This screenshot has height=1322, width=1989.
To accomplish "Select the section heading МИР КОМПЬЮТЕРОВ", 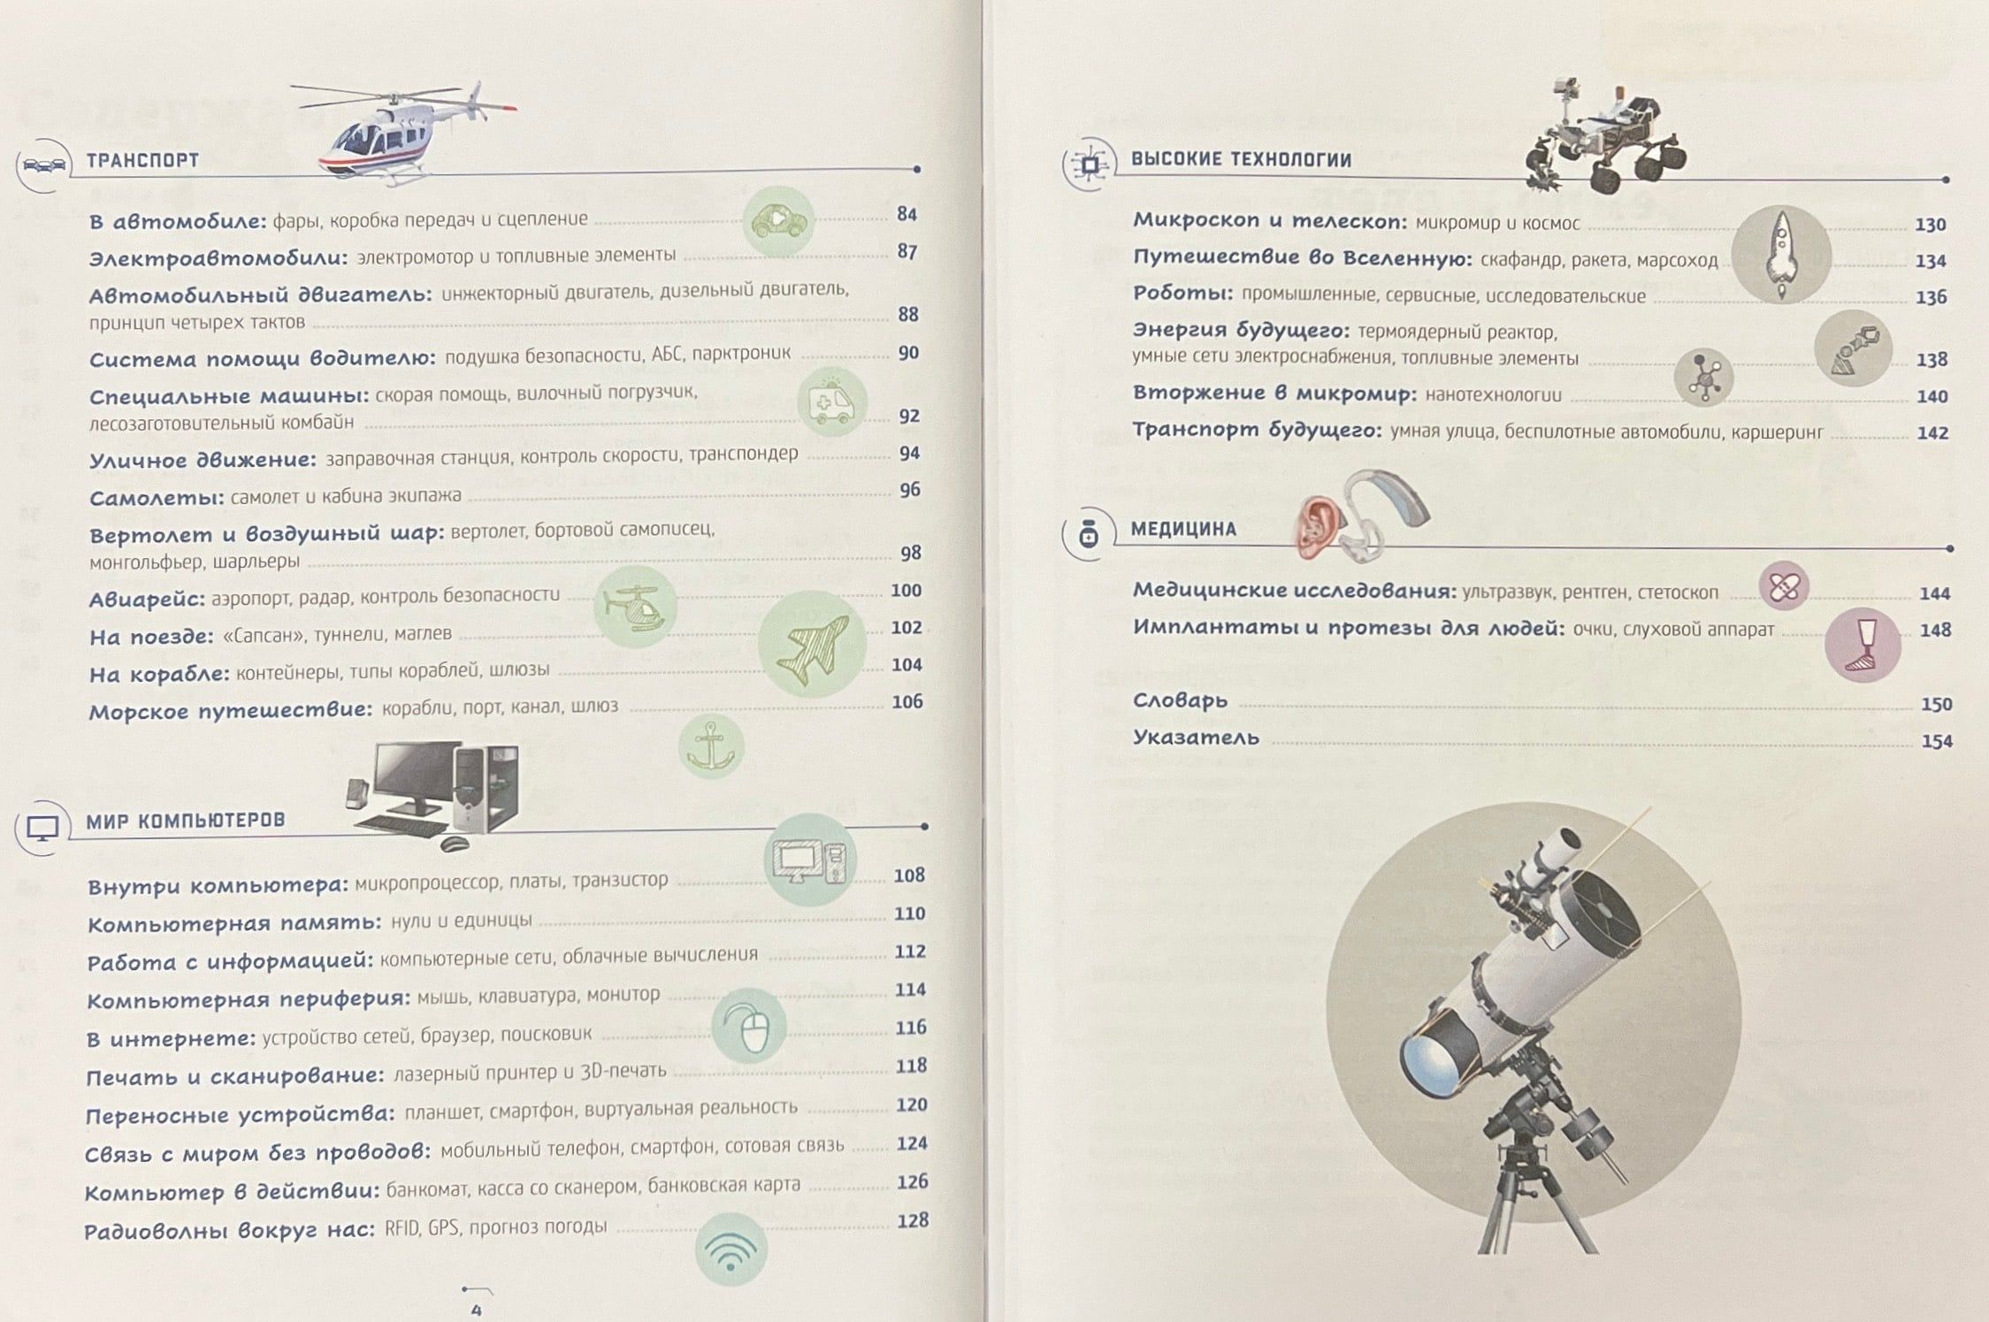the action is pos(186,821).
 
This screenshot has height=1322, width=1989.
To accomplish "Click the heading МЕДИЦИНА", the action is pos(1183,529).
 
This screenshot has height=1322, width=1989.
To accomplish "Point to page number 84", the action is pos(907,214).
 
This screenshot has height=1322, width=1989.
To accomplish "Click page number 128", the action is pos(913,1220).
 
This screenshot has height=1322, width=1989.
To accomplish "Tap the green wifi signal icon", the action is pos(731,1249).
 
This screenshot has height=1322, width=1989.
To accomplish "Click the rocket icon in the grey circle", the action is pos(1780,255).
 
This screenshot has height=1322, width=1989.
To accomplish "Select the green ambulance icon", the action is pos(832,402).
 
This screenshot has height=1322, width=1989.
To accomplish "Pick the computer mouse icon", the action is pos(749,1026).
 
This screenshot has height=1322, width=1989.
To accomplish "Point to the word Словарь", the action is pos(1180,700).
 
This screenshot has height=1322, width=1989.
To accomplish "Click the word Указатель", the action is pos(1196,737).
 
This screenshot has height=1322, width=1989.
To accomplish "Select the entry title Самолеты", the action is pos(157,498).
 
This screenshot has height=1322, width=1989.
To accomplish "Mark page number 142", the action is pos(1932,432).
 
